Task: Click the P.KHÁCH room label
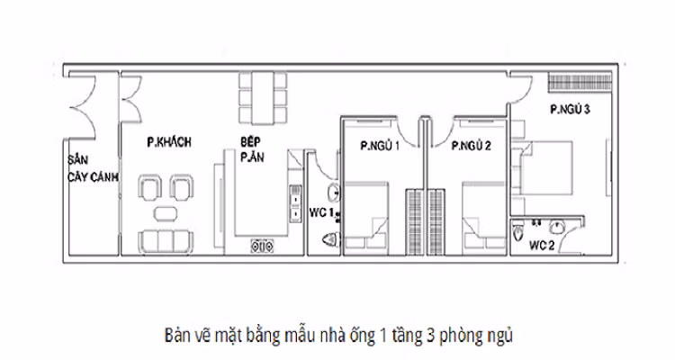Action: point(172,142)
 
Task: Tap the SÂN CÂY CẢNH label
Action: point(93,167)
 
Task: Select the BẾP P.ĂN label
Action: point(252,148)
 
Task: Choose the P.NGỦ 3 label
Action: point(570,111)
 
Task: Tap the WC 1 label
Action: point(321,212)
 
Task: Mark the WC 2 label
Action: point(540,245)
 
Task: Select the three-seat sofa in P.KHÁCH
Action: point(167,240)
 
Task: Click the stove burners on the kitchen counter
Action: point(262,243)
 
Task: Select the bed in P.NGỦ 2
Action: point(486,219)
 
